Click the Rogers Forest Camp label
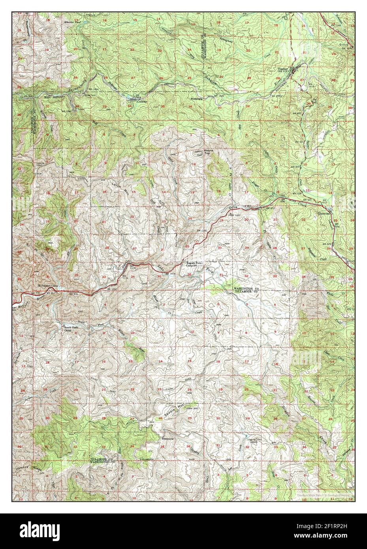point(194,265)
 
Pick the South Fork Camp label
point(66,329)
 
